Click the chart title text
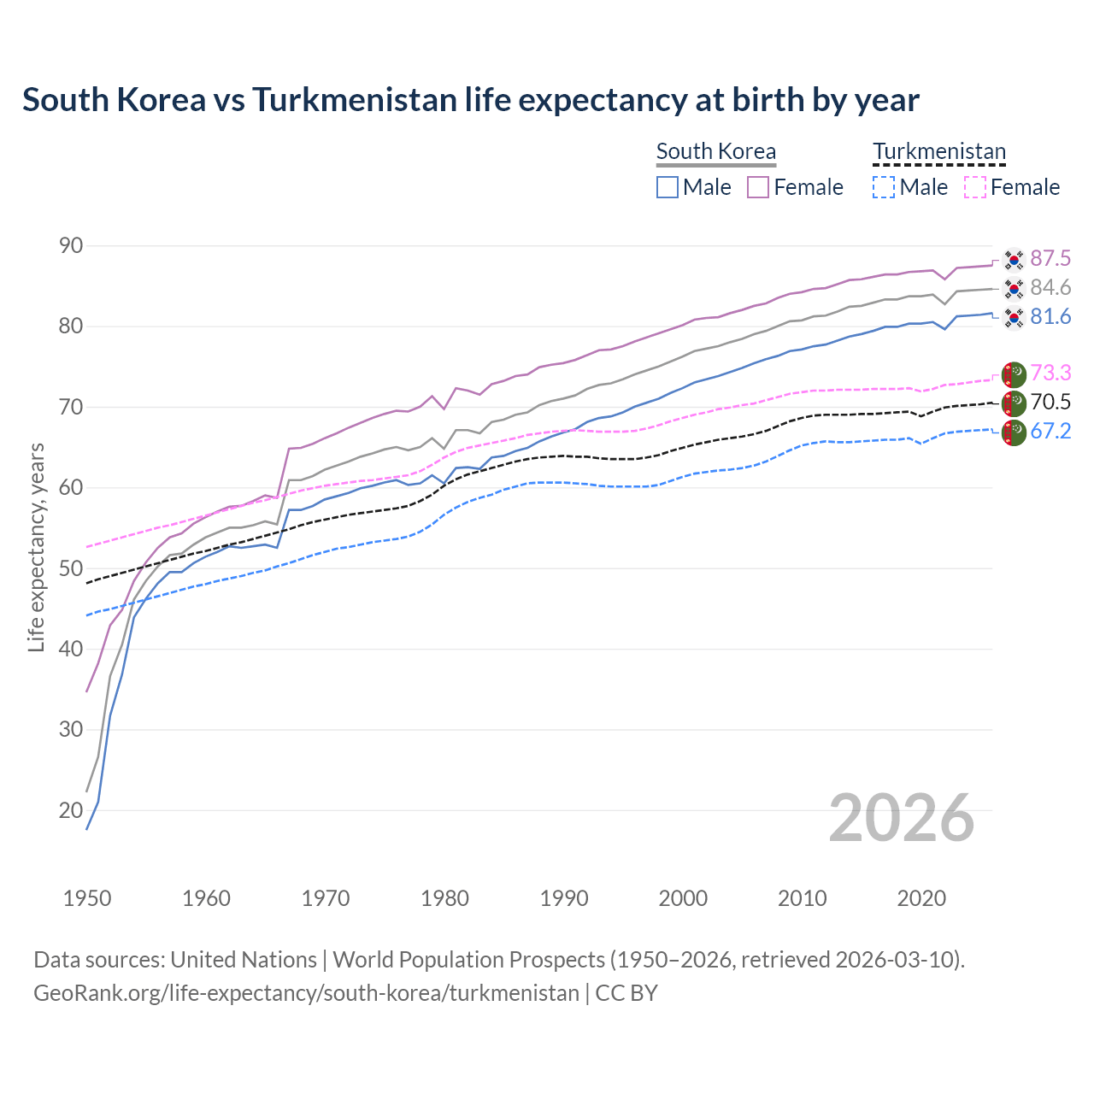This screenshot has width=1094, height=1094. click(470, 100)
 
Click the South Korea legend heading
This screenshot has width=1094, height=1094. click(715, 151)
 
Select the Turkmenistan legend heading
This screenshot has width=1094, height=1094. click(938, 151)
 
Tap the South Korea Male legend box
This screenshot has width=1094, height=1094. click(668, 187)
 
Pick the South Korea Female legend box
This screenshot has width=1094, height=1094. click(758, 187)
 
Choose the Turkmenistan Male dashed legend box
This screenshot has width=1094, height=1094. click(884, 187)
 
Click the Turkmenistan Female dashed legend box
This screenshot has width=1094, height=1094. click(975, 187)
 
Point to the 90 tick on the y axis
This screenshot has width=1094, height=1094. click(71, 246)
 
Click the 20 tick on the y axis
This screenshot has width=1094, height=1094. click(71, 810)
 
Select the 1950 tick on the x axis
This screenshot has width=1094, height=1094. click(87, 898)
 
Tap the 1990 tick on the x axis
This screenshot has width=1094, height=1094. click(564, 898)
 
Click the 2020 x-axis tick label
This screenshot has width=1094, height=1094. click(921, 898)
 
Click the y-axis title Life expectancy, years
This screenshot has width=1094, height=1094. click(36, 547)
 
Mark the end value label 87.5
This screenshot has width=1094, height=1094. click(1050, 258)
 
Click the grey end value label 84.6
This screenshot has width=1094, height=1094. click(1050, 287)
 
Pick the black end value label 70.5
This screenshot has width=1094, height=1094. click(1050, 402)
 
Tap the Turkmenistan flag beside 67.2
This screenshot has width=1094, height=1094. click(1014, 432)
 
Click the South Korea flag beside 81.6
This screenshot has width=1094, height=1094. click(1014, 318)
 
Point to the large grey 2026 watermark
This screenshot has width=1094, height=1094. click(901, 819)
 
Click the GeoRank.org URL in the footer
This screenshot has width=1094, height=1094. click(306, 993)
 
